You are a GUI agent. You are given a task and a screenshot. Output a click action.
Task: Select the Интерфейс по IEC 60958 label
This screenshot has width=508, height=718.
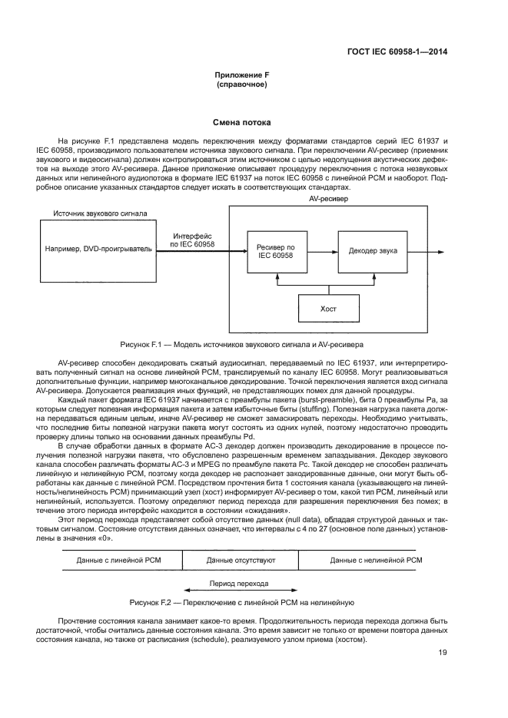pyautogui.click(x=193, y=240)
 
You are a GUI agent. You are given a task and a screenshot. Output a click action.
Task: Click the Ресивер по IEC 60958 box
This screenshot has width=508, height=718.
pyautogui.click(x=275, y=251)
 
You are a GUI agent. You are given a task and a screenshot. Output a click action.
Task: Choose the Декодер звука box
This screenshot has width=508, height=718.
pyautogui.click(x=373, y=251)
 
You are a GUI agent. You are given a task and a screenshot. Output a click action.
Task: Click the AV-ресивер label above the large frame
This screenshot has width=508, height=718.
pyautogui.click(x=328, y=198)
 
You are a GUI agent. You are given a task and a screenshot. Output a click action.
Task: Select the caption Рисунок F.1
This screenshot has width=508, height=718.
pyautogui.click(x=241, y=344)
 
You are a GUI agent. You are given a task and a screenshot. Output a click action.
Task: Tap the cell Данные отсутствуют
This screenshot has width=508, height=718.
pyautogui.click(x=240, y=561)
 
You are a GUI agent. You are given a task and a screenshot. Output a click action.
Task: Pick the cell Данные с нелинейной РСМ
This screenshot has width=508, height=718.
pyautogui.click(x=376, y=561)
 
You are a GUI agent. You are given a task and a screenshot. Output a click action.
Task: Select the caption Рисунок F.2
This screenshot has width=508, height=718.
pyautogui.click(x=241, y=602)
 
